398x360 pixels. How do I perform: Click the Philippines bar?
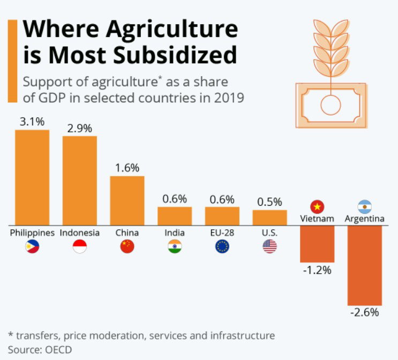click(32, 177)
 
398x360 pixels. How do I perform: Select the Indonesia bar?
click(80, 181)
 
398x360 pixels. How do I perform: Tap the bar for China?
click(127, 200)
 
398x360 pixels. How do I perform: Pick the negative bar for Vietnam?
click(317, 244)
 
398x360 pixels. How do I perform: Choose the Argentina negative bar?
click(365, 265)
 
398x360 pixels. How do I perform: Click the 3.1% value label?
click(32, 122)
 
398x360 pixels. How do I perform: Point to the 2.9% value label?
click(80, 129)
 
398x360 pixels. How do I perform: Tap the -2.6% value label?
click(365, 312)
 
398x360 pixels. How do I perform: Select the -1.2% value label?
click(317, 270)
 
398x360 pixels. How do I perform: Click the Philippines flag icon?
click(32, 246)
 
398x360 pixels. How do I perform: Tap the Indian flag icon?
click(175, 246)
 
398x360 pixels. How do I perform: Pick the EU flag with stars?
click(222, 246)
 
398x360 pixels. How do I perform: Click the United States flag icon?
click(270, 246)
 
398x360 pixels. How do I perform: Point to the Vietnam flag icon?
click(317, 207)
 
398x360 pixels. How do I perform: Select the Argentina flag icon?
click(365, 207)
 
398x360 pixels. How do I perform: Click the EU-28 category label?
click(222, 232)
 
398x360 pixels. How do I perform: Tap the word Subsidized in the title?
click(175, 55)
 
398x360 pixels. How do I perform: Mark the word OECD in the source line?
click(58, 350)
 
